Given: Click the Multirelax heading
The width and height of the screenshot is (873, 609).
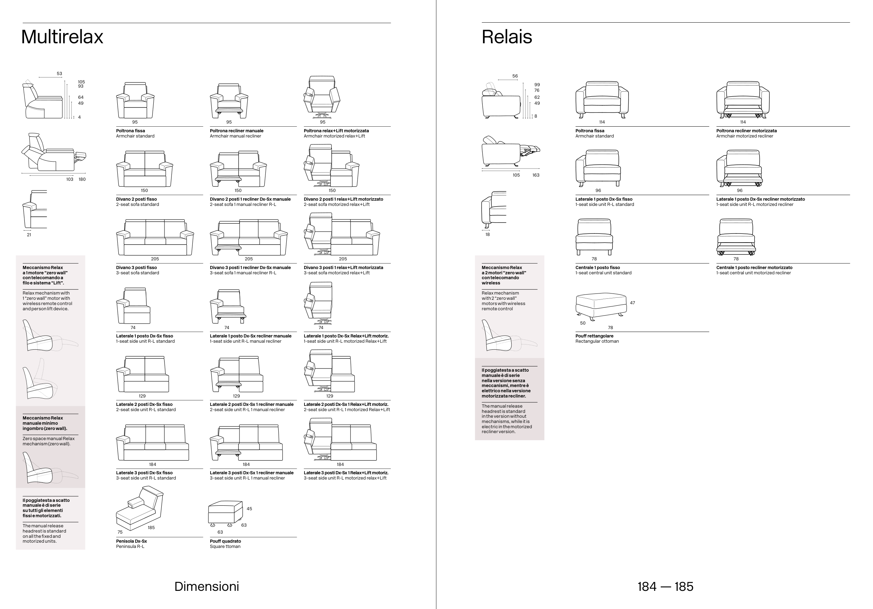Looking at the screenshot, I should [62, 37].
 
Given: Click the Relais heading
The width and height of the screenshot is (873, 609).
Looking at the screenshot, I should [506, 37].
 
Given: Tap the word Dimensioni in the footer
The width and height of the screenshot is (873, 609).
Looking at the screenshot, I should [206, 586].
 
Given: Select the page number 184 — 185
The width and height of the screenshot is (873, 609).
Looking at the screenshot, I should [665, 586].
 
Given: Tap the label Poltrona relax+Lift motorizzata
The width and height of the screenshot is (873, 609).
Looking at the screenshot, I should [336, 131].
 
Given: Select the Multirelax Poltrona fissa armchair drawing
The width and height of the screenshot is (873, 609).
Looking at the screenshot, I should [135, 100].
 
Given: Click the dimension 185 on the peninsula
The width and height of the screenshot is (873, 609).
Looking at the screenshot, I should [151, 527].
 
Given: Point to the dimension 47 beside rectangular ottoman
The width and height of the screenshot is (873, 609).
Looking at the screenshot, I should [632, 303].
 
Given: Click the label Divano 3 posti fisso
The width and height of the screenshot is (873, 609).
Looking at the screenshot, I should [136, 267].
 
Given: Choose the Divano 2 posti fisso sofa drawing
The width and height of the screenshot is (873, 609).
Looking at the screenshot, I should [145, 169].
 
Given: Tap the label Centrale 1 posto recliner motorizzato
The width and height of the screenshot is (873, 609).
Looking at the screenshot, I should [754, 267].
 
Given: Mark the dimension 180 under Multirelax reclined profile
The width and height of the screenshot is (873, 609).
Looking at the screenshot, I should [82, 179].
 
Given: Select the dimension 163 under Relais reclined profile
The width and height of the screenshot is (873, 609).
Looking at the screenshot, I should [535, 175].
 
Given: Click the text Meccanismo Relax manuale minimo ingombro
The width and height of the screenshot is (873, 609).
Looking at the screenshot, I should [44, 423].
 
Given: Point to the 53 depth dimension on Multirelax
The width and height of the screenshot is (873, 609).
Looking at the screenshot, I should [59, 74].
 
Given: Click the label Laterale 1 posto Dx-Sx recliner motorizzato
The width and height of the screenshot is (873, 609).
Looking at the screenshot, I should [760, 199].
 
